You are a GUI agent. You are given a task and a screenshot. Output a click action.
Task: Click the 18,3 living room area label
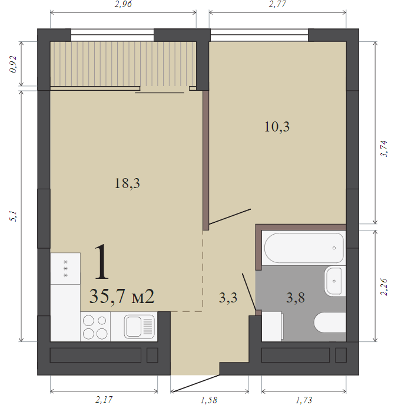point(127,183)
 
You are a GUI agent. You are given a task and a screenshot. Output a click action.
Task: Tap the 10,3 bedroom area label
point(277,127)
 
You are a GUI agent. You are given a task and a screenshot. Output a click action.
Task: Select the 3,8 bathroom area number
point(296,298)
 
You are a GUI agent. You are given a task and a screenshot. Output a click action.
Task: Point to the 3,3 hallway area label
point(228,298)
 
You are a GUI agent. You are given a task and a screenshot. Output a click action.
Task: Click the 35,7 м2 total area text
point(122,296)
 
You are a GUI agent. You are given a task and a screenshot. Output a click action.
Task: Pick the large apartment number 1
point(101,262)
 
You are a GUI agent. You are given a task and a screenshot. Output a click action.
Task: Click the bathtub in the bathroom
point(304,248)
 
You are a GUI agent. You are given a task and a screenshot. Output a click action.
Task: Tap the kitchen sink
point(139,327)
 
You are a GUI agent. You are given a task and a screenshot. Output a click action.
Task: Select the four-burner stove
point(95,327)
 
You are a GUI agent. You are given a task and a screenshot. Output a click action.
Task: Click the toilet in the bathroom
point(330,322)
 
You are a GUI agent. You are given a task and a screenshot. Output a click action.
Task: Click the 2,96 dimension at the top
point(123,5)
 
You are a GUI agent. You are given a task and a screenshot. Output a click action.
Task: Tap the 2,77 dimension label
point(277,5)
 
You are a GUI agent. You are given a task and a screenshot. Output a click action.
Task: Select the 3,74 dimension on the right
point(384,149)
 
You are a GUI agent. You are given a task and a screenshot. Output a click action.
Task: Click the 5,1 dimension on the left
point(14,216)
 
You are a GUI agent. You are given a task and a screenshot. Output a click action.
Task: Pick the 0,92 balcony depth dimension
point(13,64)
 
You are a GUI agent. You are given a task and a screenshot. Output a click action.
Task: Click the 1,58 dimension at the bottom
point(209,400)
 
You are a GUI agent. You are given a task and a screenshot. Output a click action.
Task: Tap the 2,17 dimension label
point(104,400)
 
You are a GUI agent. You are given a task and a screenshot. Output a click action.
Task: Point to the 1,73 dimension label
point(304,400)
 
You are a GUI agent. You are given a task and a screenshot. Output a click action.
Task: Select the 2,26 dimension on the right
point(384,287)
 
